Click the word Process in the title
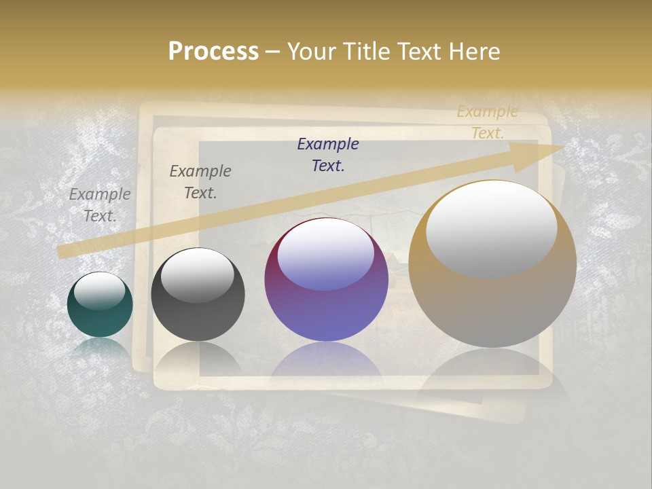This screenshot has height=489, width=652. pyautogui.click(x=213, y=52)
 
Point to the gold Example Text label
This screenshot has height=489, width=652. pyautogui.click(x=488, y=122)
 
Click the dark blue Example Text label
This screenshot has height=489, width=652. pyautogui.click(x=328, y=154)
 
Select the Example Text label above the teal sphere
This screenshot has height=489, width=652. pyautogui.click(x=100, y=204)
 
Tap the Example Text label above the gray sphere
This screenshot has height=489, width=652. pyautogui.click(x=200, y=181)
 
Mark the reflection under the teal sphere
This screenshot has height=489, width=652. pyautogui.click(x=100, y=348)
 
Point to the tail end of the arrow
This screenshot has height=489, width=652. pyautogui.click(x=62, y=252)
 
